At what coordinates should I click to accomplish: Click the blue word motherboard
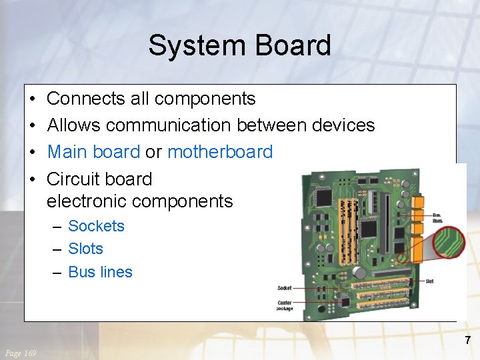coord(220,151)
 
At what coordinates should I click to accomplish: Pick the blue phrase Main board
coord(93,151)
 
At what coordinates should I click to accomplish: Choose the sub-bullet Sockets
coord(96,226)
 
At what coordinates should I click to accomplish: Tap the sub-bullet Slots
coord(85,249)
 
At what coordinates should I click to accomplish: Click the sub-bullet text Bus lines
coord(100,272)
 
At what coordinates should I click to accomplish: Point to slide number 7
coord(467,340)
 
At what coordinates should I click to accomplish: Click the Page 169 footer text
coord(21,353)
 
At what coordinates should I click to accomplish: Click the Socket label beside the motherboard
coord(284,288)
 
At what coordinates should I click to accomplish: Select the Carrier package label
coord(285,305)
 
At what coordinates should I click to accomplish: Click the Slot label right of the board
coord(429,281)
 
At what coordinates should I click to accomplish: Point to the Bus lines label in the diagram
coord(437,218)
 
